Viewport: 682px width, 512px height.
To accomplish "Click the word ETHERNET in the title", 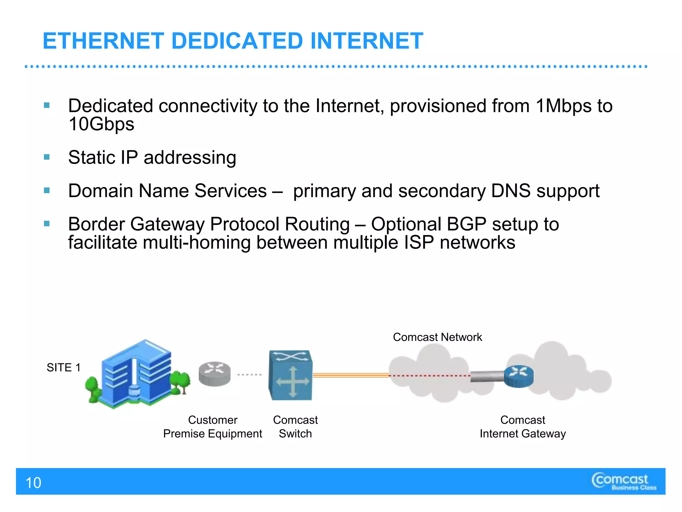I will tap(103, 41).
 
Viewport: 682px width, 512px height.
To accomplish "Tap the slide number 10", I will tap(33, 483).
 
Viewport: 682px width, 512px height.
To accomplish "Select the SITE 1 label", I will tap(64, 367).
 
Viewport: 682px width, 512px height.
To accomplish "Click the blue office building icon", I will tap(137, 373).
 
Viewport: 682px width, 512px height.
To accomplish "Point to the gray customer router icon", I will tap(214, 374).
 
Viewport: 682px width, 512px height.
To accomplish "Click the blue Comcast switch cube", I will tap(290, 375).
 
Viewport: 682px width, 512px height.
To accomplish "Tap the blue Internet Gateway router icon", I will tap(519, 376).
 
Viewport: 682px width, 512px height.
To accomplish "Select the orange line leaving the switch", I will tap(350, 375).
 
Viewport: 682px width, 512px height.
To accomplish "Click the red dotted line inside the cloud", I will tap(430, 376).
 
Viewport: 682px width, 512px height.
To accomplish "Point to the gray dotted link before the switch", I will tap(249, 375).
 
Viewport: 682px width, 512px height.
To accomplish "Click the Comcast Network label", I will tap(437, 337).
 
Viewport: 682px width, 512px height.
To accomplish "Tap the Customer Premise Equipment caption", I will tap(212, 427).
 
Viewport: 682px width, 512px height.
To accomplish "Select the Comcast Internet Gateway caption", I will tap(522, 427).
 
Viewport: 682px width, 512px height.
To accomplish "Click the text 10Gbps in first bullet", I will tap(101, 124).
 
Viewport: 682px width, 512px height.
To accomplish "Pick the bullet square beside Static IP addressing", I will tap(47, 157).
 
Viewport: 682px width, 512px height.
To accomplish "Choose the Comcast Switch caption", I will tap(295, 427).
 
